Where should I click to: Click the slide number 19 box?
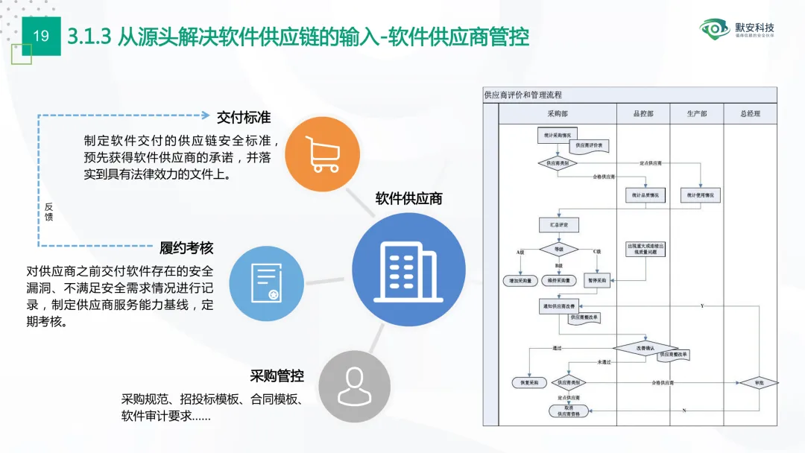(41, 36)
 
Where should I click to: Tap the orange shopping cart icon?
(318, 154)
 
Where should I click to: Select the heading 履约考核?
(186, 248)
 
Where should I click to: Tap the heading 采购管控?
(277, 376)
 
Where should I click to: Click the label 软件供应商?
(408, 198)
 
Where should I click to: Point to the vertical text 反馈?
(48, 211)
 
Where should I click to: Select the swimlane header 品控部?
(643, 114)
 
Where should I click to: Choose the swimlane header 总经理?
(751, 114)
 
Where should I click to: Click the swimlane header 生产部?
(697, 114)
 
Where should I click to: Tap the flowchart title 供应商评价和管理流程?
(523, 95)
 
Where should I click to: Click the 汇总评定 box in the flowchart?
(558, 224)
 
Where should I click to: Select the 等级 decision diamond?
(558, 250)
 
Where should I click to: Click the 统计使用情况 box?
(699, 196)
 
